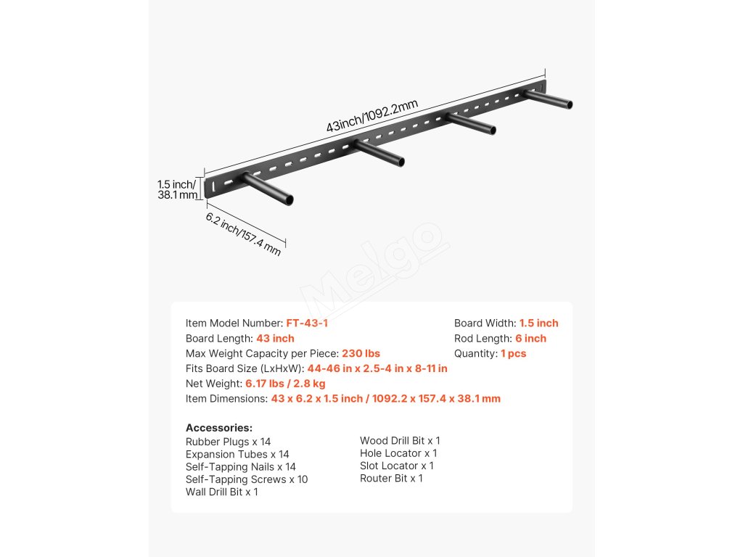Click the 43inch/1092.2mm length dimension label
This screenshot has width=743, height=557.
click(372, 115)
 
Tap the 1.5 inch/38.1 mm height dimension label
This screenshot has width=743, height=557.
click(177, 189)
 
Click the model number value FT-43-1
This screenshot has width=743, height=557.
click(307, 323)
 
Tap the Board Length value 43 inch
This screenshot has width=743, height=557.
click(275, 339)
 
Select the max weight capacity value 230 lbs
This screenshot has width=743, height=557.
click(361, 354)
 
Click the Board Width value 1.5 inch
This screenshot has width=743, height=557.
click(539, 323)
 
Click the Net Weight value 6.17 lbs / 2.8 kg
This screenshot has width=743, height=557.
click(285, 384)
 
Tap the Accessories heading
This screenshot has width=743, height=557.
click(219, 428)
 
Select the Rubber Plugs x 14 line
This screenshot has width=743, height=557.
click(228, 442)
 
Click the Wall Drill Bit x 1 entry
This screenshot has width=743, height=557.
click(221, 492)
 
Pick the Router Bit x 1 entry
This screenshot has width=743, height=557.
click(391, 479)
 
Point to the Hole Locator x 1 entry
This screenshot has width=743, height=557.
click(398, 453)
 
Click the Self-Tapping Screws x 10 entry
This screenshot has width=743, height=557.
click(247, 479)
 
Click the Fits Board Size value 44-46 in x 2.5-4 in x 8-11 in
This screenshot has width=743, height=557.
click(377, 368)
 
